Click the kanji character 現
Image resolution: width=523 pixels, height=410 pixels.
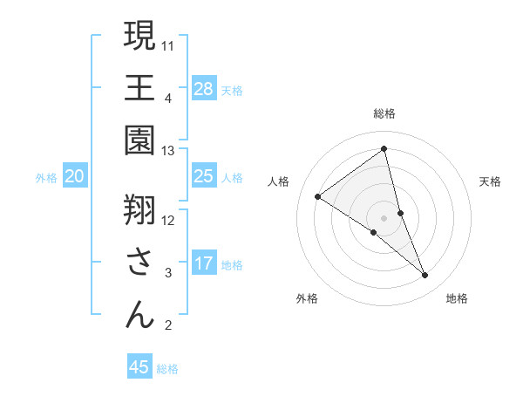coord(139,37)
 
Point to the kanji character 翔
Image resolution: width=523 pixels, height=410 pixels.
coord(139,209)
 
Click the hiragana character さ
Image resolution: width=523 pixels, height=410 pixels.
coord(139,262)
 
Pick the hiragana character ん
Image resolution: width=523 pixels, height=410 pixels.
coord(139,314)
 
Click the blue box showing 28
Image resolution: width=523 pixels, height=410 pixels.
coord(204,88)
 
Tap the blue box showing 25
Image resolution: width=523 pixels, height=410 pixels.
coord(204,176)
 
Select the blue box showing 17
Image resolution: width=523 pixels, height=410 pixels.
coord(204,263)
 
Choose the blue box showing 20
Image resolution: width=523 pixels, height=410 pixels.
coord(75,176)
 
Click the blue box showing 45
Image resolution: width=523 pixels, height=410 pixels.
coord(139,367)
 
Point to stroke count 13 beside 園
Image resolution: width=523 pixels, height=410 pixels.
coord(168,150)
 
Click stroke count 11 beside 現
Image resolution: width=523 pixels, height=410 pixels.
coord(168,45)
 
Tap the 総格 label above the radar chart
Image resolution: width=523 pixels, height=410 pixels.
coord(384,113)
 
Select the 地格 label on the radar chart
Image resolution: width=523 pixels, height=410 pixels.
coord(457,298)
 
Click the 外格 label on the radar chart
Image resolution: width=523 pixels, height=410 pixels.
coord(307,298)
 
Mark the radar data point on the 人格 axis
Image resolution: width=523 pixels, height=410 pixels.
coord(318,196)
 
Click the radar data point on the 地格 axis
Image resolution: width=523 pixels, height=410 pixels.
coord(425,276)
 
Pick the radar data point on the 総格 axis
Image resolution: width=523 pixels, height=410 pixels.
coord(384,149)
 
